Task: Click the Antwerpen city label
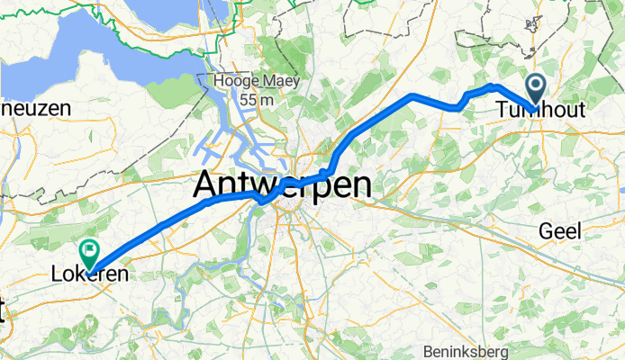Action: point(283,187)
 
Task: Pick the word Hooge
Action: point(231,82)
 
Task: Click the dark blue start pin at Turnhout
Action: point(536,89)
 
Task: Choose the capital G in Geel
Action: point(545,231)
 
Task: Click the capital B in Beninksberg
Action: point(428,351)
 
